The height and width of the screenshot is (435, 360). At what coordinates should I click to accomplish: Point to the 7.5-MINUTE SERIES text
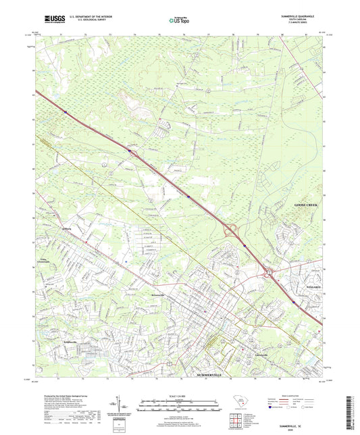tap(306, 24)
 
